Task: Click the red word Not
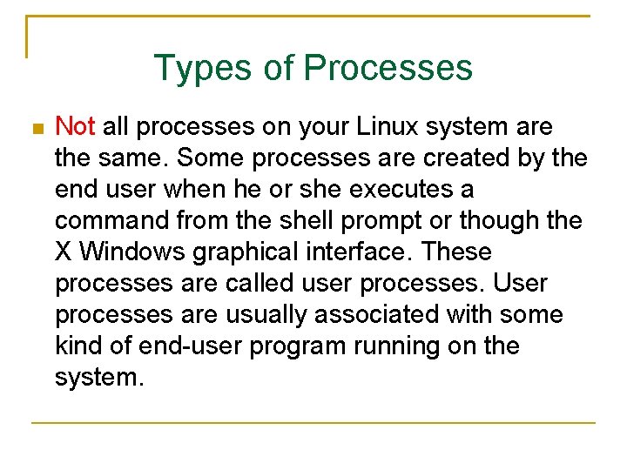75,127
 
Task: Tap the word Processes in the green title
388,68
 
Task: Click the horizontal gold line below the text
313,423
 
